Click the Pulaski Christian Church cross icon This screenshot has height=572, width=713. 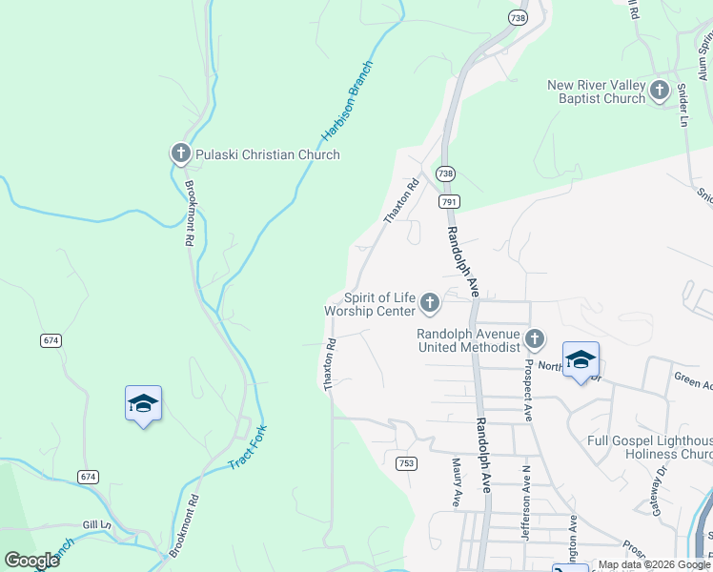[x=181, y=153]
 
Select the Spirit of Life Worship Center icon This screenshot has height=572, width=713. [x=430, y=304]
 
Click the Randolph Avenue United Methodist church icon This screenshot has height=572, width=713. [x=535, y=339]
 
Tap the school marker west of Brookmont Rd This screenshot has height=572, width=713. [x=143, y=403]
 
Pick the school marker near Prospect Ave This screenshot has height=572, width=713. [x=581, y=359]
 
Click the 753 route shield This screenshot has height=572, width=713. [x=406, y=462]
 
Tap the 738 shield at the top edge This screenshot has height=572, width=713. [x=517, y=18]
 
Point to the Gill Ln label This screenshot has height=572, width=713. [x=96, y=524]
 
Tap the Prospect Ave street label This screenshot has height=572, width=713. [x=527, y=391]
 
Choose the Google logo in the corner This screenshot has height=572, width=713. [x=31, y=561]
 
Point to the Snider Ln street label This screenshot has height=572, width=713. [x=682, y=104]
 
